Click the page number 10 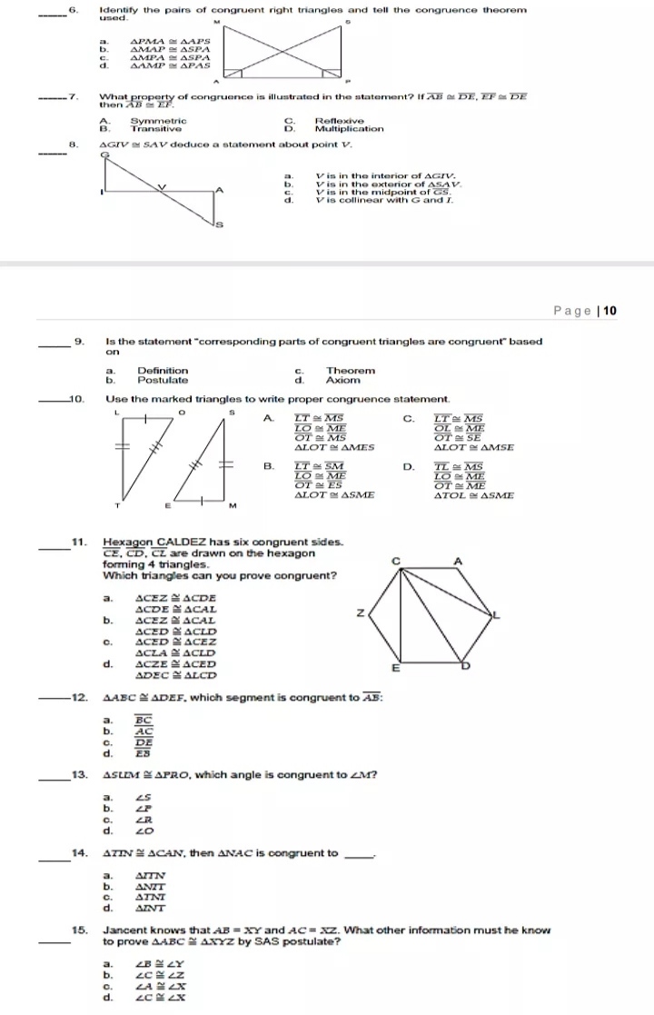[609, 311]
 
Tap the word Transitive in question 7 [157, 129]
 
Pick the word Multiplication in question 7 [349, 129]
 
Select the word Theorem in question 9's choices [351, 371]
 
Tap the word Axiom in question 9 [343, 381]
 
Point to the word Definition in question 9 [163, 371]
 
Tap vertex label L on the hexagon [496, 616]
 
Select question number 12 [79, 697]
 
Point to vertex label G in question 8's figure [104, 155]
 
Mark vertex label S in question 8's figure [218, 224]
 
